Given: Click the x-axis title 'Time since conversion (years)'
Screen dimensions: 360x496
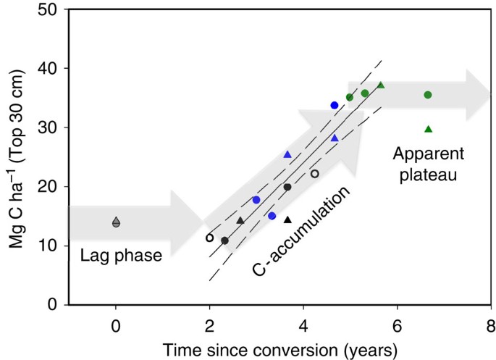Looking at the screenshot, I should coord(279,349).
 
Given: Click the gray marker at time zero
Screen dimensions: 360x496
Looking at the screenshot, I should coord(116,222).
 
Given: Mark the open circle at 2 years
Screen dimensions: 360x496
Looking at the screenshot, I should coord(210,237).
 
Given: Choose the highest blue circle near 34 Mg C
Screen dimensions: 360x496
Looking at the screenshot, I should coord(335,105).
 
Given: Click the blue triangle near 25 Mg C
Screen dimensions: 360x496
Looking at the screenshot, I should coord(287,154).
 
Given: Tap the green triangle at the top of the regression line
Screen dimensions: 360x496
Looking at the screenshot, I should coord(381,85).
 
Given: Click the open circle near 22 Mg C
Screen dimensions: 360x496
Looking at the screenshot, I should coord(314,174).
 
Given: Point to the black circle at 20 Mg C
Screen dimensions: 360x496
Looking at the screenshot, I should coord(287,187).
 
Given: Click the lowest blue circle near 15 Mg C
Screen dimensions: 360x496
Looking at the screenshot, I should coord(272,216).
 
